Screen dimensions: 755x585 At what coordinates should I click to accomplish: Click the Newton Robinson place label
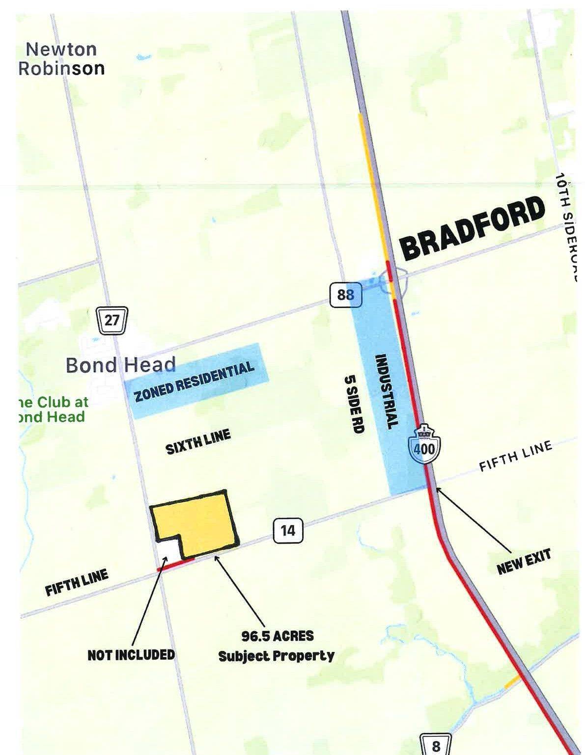point(61,58)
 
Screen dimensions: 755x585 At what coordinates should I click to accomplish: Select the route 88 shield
point(345,296)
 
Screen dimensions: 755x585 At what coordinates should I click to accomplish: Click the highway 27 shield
point(112,321)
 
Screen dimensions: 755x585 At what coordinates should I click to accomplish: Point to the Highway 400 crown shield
point(424,441)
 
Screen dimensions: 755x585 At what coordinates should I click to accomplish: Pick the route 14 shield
point(288,531)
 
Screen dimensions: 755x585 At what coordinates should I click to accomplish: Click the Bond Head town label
point(120,365)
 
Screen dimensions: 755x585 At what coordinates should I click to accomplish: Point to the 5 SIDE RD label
point(354,404)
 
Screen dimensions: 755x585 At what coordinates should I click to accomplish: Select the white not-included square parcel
point(167,549)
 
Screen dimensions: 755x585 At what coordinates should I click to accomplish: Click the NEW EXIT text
point(524,562)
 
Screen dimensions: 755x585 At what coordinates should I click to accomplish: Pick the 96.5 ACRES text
point(277,636)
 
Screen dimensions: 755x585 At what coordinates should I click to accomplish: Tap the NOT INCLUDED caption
point(131,654)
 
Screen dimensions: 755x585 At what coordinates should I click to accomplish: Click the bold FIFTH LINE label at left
point(77,583)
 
